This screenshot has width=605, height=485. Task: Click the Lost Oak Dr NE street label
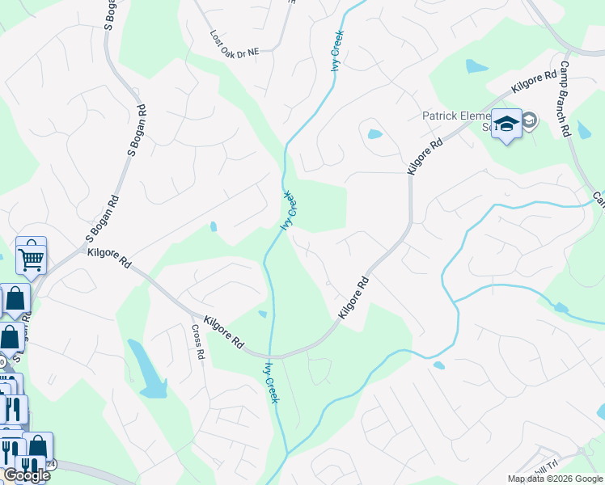pyautogui.click(x=235, y=44)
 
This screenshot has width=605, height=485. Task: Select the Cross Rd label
pyautogui.click(x=198, y=344)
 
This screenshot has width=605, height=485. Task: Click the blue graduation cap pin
pyautogui.click(x=506, y=124)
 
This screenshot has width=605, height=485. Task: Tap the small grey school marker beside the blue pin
pyautogui.click(x=529, y=121)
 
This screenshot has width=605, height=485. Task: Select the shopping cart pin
pyautogui.click(x=31, y=256)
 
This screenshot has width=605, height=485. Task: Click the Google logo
pyautogui.click(x=27, y=475)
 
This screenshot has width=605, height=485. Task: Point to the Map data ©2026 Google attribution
pyautogui.click(x=555, y=479)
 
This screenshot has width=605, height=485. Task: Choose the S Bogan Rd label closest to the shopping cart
pyautogui.click(x=104, y=220)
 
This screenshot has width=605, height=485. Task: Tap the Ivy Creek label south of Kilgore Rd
pyautogui.click(x=270, y=382)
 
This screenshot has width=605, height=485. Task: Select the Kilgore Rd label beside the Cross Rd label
pyautogui.click(x=224, y=331)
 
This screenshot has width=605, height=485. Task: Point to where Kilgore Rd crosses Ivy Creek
pyautogui.click(x=270, y=355)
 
